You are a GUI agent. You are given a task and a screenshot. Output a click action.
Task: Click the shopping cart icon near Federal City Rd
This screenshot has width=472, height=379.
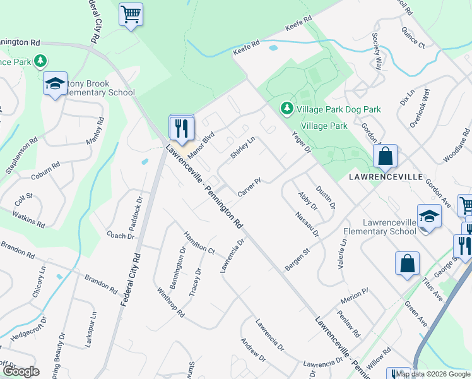[131, 14]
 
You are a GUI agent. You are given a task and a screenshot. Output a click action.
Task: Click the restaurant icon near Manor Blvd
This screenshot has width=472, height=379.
[182, 128]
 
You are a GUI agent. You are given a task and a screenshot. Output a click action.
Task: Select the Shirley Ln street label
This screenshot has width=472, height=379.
[242, 149]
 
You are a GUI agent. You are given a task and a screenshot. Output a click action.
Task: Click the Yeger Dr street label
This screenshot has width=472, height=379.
[302, 142]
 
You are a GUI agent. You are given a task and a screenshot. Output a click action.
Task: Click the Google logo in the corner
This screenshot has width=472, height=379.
[21, 371]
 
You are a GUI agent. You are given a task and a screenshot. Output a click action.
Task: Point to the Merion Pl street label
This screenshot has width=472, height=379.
[353, 295]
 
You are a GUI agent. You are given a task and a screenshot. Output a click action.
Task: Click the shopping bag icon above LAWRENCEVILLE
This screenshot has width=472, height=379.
[385, 156]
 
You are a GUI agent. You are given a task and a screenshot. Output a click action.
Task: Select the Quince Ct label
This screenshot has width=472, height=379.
[416, 39]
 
